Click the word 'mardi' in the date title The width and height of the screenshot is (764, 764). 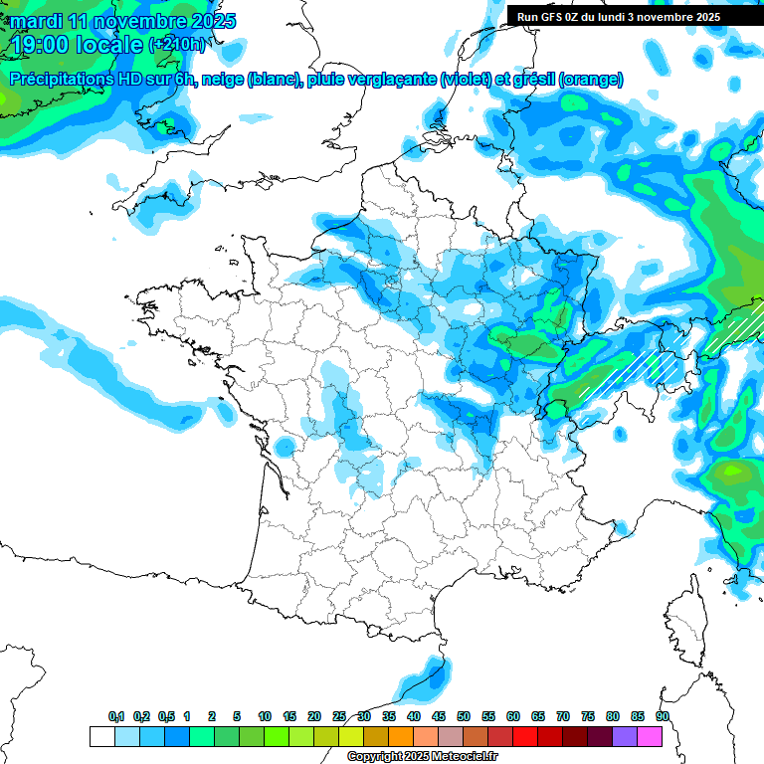point(40,20)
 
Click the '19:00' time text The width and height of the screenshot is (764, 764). point(40,44)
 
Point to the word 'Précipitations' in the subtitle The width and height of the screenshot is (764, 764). point(62,80)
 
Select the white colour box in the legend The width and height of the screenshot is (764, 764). point(101,737)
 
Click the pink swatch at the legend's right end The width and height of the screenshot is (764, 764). point(651,737)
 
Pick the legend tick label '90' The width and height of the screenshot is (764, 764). point(663,716)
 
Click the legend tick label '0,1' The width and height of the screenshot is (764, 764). point(116,716)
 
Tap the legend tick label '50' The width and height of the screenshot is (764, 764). point(464,716)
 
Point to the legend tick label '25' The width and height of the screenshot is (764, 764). point(339,716)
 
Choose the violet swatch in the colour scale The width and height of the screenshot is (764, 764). point(626,737)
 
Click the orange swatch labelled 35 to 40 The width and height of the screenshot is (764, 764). point(401,737)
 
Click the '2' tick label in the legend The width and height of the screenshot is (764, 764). point(212,716)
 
